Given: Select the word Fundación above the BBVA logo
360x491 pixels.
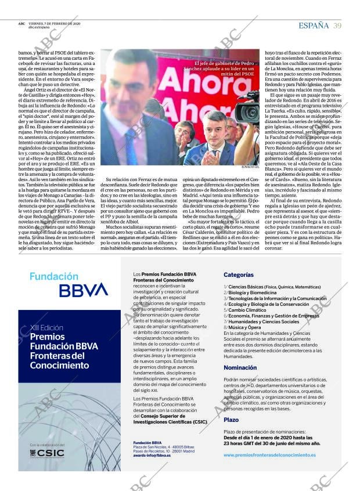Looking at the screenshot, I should pos(53,276).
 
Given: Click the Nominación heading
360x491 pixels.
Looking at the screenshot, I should pos(240,367).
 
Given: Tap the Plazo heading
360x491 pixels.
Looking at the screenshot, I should pos(231,419).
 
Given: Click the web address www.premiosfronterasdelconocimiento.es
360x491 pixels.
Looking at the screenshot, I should pos(269,455).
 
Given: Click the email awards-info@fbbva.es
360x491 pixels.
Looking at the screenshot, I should pos(152,456).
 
